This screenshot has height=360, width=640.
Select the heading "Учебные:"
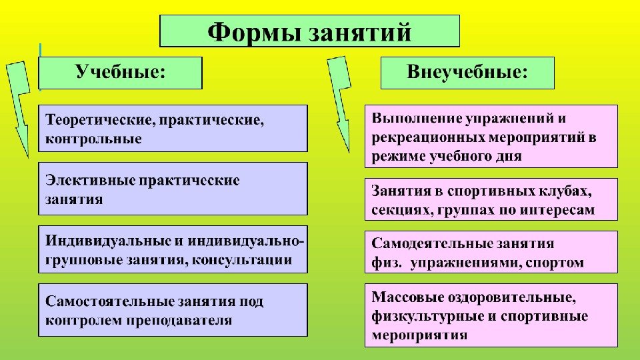pos(120,72)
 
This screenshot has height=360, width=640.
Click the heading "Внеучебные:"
pos(467,72)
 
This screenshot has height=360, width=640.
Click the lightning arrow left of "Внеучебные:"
pos(340,100)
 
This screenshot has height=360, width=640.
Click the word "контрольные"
pos(93,139)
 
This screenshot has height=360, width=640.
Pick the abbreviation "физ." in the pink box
pos(387,263)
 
